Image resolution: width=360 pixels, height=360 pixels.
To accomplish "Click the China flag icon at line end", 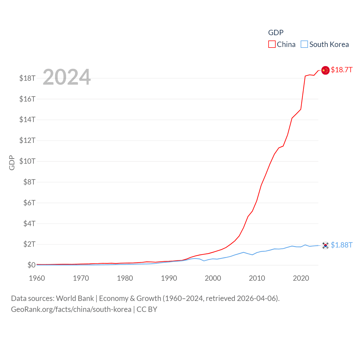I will pyautogui.click(x=325, y=70).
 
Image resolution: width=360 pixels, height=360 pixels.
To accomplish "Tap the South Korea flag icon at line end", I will pyautogui.click(x=325, y=245).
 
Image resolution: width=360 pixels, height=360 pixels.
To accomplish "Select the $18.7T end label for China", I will pyautogui.click(x=341, y=70).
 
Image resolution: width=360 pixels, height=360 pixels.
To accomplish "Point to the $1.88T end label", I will pyautogui.click(x=341, y=245).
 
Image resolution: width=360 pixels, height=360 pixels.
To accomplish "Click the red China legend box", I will pyautogui.click(x=272, y=44).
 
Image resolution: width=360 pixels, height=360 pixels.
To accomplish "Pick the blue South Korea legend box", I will pyautogui.click(x=304, y=44).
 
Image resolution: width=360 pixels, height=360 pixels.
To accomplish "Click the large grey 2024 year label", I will pyautogui.click(x=67, y=77).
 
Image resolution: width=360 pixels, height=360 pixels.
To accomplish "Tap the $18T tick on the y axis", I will pyautogui.click(x=27, y=78).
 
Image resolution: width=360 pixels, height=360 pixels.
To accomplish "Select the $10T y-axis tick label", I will pyautogui.click(x=27, y=161).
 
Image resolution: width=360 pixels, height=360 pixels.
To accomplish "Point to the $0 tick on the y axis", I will pyautogui.click(x=31, y=265).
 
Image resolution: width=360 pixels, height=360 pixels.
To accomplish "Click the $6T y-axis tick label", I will pyautogui.click(x=29, y=203).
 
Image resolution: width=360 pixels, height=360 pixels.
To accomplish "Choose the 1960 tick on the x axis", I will pyautogui.click(x=37, y=278).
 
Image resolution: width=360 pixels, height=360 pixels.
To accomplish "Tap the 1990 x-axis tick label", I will pyautogui.click(x=169, y=278).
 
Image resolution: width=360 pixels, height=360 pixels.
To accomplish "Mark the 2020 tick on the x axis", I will pyautogui.click(x=301, y=278).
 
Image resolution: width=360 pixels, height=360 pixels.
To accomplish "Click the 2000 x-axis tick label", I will pyautogui.click(x=213, y=278).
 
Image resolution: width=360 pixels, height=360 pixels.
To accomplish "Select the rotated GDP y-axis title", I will pyautogui.click(x=12, y=163).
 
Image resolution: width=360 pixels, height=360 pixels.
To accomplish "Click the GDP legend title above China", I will pyautogui.click(x=276, y=33).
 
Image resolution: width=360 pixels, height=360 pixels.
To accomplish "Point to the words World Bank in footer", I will pyautogui.click(x=75, y=298).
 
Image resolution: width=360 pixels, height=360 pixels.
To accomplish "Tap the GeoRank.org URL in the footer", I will pyautogui.click(x=71, y=309).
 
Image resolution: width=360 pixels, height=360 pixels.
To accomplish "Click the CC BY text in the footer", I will pyautogui.click(x=147, y=309).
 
